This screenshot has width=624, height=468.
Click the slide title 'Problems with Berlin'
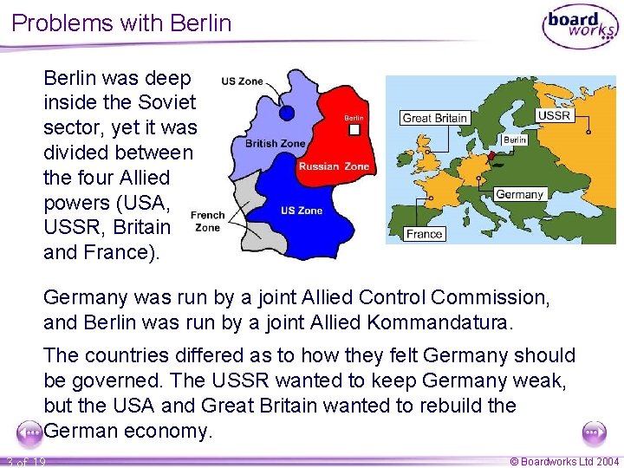pos(122,23)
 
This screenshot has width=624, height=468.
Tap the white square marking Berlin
pos(354,129)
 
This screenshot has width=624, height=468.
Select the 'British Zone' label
pos(276,143)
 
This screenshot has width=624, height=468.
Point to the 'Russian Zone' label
pos(333,166)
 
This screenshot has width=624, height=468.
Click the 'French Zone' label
pos(208,221)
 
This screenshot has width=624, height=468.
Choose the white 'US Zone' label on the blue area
pos(301,211)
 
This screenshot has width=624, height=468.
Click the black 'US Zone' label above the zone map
pos(242,81)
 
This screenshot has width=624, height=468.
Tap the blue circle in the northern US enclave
pos(287,113)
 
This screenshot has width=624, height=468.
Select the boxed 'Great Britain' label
pos(435,118)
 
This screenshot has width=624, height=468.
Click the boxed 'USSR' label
pos(554,115)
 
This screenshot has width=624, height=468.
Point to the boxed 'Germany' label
pos(519,194)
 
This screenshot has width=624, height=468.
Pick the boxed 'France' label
pos(425,234)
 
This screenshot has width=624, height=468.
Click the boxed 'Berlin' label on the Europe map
pos(515,140)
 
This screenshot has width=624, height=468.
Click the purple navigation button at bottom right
pos(595,432)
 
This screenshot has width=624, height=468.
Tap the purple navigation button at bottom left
pos(29,432)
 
